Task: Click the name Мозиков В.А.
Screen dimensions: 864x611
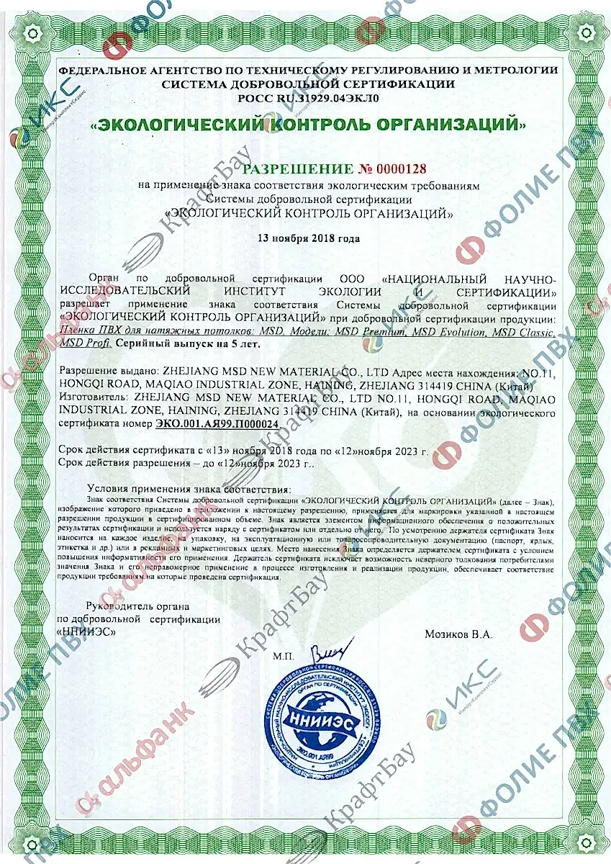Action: [458, 634]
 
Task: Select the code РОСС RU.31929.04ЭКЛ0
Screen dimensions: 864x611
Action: [308, 96]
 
